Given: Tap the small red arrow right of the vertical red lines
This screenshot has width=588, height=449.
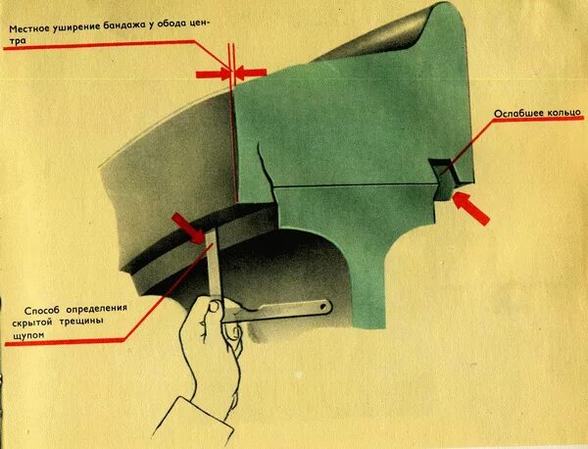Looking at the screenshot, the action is pos(251,72).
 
